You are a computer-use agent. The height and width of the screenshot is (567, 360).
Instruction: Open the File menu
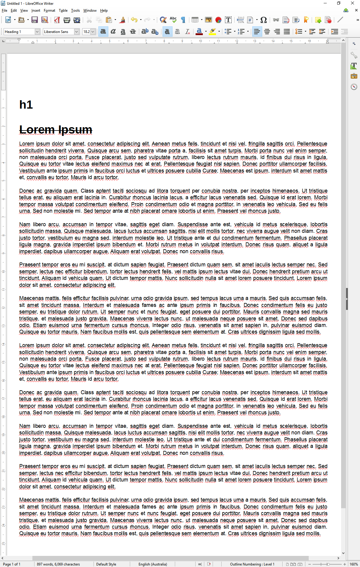pyautogui.click(x=4, y=10)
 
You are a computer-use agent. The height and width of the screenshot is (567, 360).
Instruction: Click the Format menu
pyautogui.click(x=49, y=10)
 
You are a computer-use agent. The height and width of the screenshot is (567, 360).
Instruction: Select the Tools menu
pyautogui.click(x=75, y=10)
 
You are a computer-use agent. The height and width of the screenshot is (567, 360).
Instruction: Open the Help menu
pyautogui.click(x=104, y=10)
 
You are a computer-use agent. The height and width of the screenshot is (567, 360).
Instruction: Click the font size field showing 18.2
pyautogui.click(x=86, y=32)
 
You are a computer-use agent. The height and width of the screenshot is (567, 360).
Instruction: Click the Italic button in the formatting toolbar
pyautogui.click(x=113, y=31)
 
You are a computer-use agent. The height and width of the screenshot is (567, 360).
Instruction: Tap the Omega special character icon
pyautogui.click(x=263, y=20)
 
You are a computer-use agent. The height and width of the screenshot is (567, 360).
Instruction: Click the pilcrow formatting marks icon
pyautogui.click(x=183, y=20)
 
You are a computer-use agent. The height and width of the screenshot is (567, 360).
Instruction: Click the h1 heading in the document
pyautogui.click(x=26, y=105)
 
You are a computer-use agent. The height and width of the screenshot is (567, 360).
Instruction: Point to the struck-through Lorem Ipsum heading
pyautogui.click(x=56, y=130)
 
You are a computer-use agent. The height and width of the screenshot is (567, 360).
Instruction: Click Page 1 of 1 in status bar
pyautogui.click(x=12, y=564)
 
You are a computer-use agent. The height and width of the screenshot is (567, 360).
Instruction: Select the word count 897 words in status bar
pyautogui.click(x=58, y=564)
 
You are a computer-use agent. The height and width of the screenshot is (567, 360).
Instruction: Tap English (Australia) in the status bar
pyautogui.click(x=153, y=564)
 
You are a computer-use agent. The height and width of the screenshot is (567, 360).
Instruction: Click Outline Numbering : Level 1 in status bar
pyautogui.click(x=252, y=564)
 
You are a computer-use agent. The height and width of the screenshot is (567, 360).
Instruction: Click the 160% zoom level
pyautogui.click(x=353, y=564)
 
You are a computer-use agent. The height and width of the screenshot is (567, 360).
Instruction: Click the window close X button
pyautogui.click(x=352, y=3)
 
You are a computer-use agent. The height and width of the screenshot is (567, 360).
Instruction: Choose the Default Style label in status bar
pyautogui.click(x=106, y=564)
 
